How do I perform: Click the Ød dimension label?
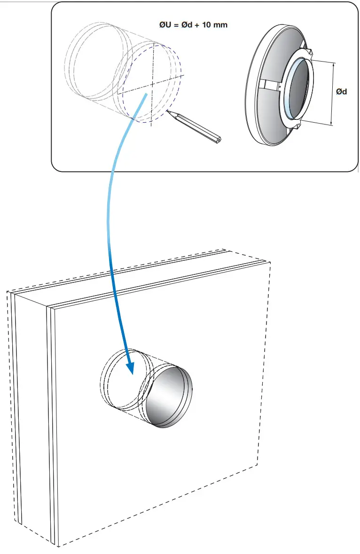tap(342, 92)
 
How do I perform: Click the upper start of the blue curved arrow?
tap(147, 95)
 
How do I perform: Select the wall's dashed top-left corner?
tap(7, 292)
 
